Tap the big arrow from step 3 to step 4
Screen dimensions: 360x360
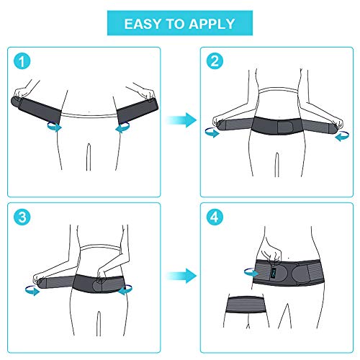point(180,274)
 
